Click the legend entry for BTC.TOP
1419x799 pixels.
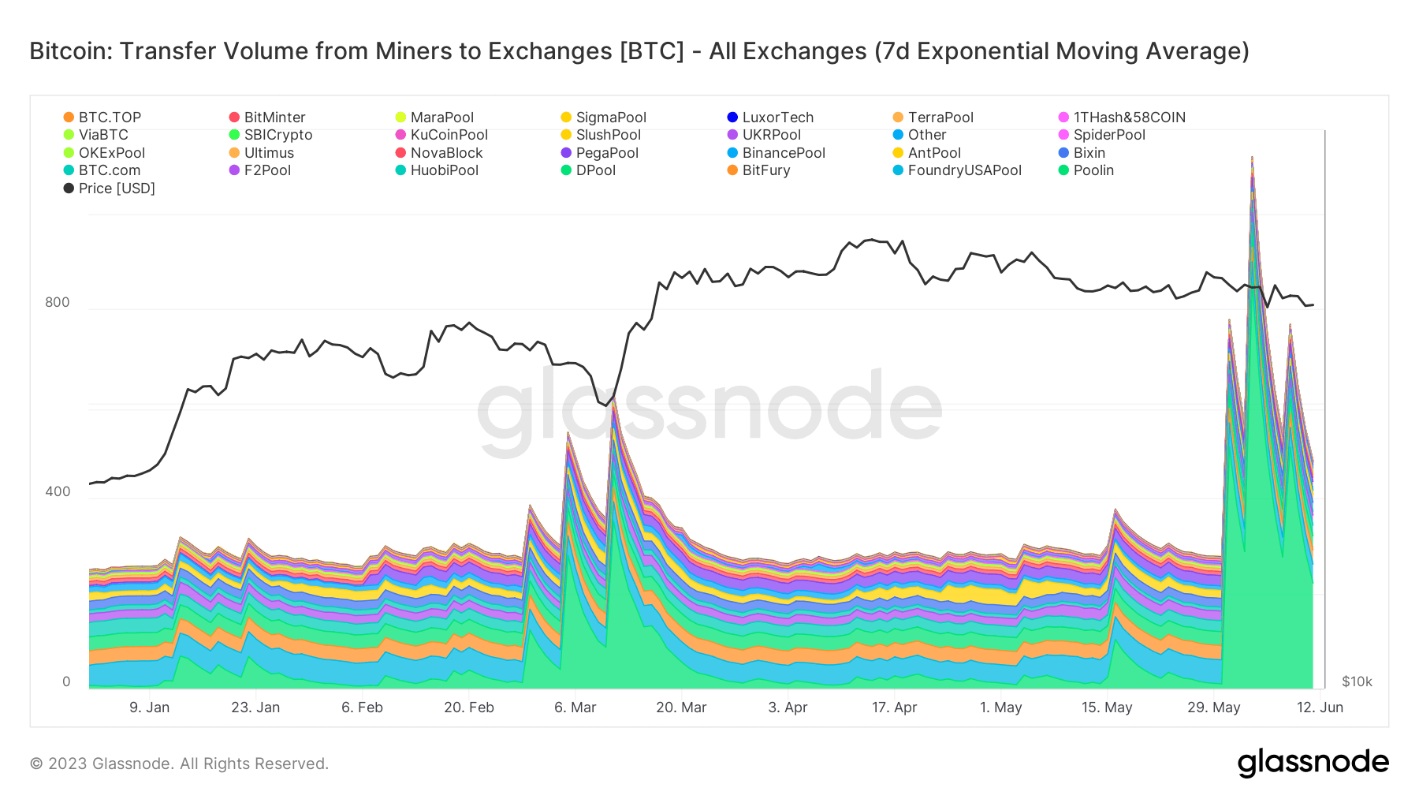click(102, 118)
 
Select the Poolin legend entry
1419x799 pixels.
click(1086, 170)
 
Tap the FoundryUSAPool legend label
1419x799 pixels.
click(957, 170)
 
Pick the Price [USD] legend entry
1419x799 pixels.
click(110, 189)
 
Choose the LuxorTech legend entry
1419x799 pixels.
click(770, 118)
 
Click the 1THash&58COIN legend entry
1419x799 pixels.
click(1122, 118)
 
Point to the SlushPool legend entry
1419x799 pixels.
click(601, 135)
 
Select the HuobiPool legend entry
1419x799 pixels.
click(437, 170)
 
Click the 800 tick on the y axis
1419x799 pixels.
click(58, 302)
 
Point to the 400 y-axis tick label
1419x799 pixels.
click(58, 491)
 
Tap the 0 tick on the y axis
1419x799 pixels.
click(66, 681)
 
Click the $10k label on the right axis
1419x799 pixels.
click(1357, 681)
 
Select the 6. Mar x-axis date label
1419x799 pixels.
click(575, 708)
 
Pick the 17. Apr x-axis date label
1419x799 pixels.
click(895, 708)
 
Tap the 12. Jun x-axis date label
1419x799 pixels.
click(1320, 708)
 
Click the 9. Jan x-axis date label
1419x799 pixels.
click(150, 708)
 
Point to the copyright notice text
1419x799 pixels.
click(179, 764)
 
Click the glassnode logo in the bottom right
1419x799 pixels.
click(1313, 763)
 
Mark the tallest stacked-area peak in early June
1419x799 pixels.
click(1253, 157)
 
